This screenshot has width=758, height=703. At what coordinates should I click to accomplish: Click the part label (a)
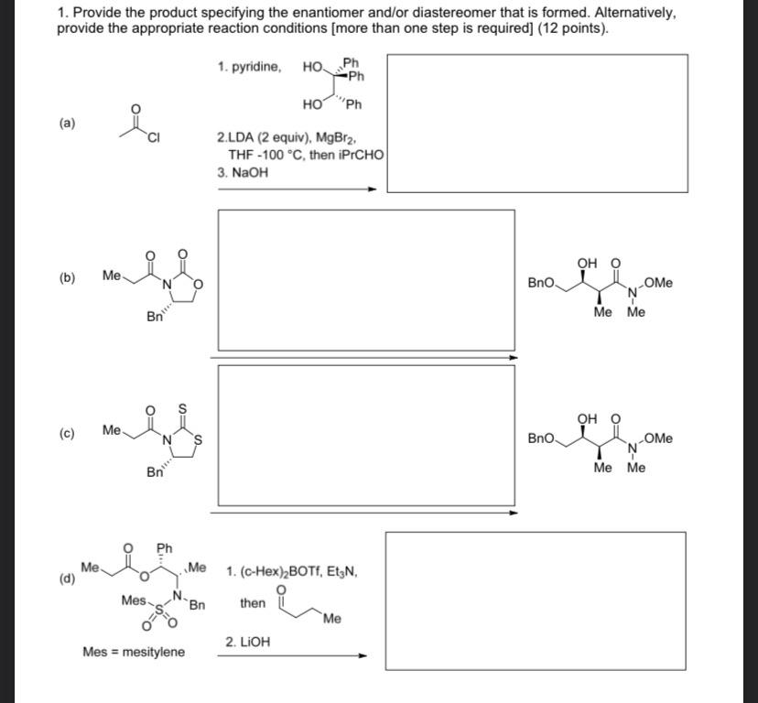click(x=68, y=123)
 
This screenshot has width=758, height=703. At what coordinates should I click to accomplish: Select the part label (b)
click(x=68, y=277)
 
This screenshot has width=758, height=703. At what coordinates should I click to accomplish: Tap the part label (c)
click(x=68, y=433)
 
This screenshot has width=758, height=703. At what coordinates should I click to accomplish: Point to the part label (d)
click(x=67, y=579)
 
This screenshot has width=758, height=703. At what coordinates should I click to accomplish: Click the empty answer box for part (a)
click(x=536, y=124)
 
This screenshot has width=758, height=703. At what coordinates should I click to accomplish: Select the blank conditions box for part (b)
click(x=366, y=279)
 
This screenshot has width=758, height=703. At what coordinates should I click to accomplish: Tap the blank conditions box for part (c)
click(x=366, y=433)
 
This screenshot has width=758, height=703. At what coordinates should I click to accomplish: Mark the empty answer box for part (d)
click(x=535, y=600)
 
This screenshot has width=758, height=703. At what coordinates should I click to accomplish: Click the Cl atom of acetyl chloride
click(x=154, y=138)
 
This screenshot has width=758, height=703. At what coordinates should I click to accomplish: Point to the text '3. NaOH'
click(x=243, y=171)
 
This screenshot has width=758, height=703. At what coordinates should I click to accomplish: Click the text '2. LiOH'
click(x=247, y=643)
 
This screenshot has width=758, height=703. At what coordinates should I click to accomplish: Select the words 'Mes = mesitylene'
click(x=133, y=652)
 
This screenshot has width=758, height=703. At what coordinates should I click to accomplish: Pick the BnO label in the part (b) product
click(x=541, y=283)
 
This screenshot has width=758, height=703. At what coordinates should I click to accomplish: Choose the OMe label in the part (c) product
click(x=657, y=438)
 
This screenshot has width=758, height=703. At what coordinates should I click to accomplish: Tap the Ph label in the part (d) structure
click(x=165, y=547)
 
